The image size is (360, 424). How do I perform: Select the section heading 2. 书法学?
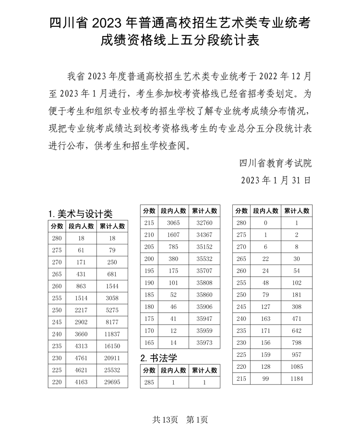tap(158, 358)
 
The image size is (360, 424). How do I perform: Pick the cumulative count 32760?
tap(204, 223)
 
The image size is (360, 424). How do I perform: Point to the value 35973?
tap(204, 343)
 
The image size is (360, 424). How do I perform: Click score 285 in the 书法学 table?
tap(149, 382)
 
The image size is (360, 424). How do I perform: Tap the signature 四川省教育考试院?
tap(275, 163)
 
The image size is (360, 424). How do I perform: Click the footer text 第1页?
tap(197, 419)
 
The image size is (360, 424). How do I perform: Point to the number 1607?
tap(173, 235)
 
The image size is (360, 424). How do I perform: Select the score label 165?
tap(149, 343)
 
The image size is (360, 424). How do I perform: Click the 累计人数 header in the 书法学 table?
tap(204, 370)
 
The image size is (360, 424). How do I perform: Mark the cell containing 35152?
tap(204, 247)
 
